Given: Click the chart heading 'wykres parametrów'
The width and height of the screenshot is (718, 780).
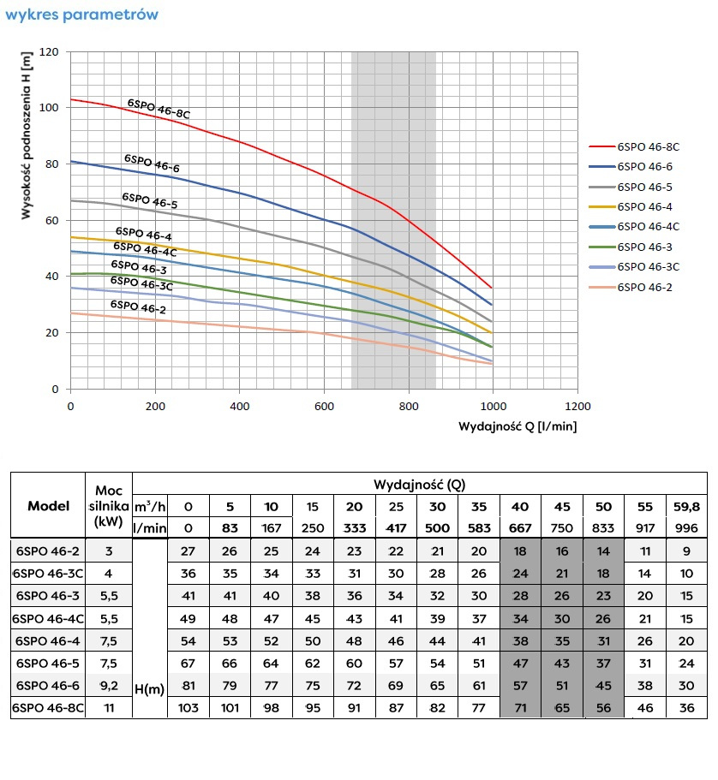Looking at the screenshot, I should click(81, 15).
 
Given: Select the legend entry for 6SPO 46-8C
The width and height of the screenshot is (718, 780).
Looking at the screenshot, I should click(647, 147).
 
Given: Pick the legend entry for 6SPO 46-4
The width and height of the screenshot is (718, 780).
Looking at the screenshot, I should click(644, 206).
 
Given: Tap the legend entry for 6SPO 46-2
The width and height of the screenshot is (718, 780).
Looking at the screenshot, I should click(644, 287).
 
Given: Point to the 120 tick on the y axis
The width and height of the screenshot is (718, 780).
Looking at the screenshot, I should click(50, 52).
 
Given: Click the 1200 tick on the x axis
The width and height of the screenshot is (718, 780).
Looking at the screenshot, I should click(577, 406).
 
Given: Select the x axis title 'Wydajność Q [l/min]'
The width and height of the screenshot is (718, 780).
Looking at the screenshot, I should click(518, 426).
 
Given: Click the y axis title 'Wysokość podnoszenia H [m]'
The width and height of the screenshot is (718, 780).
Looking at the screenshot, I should click(27, 136).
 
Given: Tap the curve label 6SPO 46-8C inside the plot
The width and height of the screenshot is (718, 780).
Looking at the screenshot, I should click(159, 109).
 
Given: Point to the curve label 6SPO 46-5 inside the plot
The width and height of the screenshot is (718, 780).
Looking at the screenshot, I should click(149, 200).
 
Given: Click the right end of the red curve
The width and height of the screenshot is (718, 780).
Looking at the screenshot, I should click(492, 288).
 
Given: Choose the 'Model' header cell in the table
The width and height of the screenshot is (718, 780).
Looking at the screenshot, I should click(49, 506).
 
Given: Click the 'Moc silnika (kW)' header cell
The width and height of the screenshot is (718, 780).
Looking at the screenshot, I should click(109, 506).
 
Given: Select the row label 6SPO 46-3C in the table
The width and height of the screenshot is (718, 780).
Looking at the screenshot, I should click(49, 573).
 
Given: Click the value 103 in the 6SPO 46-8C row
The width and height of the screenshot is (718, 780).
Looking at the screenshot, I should click(187, 707).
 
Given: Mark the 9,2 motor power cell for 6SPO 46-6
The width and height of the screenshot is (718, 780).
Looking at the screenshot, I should click(109, 685).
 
